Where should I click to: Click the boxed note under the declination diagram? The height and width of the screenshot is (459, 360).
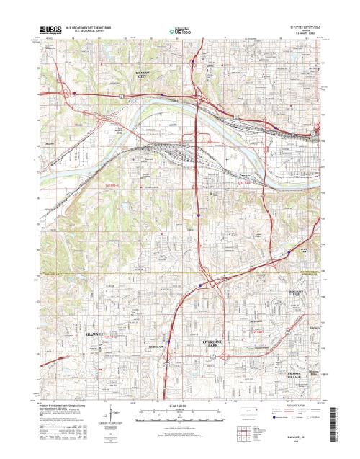(108, 435)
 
